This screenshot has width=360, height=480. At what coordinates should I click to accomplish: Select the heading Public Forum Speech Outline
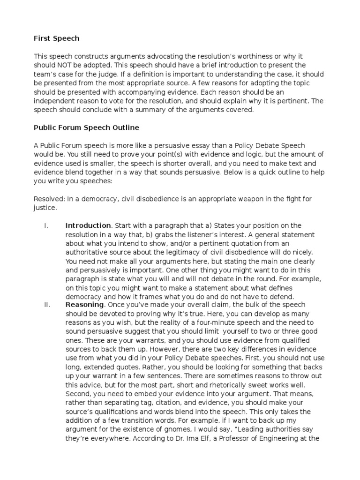(86, 127)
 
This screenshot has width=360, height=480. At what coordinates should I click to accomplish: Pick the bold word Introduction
(89, 225)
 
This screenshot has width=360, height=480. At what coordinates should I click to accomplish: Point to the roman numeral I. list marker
(46, 225)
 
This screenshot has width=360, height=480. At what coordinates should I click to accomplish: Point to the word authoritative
(88, 252)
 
